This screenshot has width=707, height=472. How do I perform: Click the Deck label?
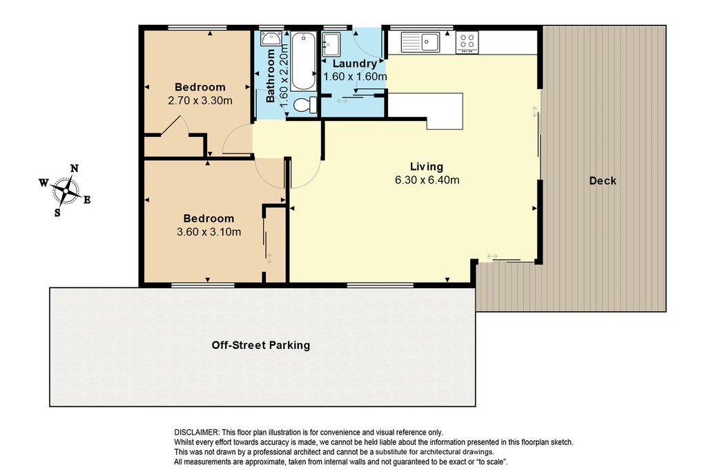click(x=602, y=181)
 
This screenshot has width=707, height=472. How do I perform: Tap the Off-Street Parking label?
click(x=260, y=346)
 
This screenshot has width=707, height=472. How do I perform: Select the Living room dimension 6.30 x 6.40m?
click(x=427, y=180)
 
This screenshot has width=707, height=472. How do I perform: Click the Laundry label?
click(x=354, y=64)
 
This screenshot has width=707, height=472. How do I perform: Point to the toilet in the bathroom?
click(x=305, y=104)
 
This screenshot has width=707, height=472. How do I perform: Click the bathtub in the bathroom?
click(x=303, y=62)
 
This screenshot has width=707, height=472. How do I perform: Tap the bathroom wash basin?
click(x=271, y=39)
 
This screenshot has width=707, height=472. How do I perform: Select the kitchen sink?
click(x=420, y=42)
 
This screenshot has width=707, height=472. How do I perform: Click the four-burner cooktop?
click(x=467, y=42)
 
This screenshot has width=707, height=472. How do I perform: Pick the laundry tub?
click(x=331, y=44)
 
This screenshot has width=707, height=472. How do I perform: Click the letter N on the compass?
click(x=75, y=169)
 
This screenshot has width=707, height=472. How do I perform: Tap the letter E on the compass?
click(x=87, y=200)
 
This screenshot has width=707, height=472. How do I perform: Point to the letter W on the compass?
click(x=43, y=182)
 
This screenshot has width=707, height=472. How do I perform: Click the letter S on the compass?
click(x=57, y=213)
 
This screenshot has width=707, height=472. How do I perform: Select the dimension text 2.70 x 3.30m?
click(x=200, y=100)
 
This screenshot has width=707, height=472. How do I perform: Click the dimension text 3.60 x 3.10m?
click(x=209, y=232)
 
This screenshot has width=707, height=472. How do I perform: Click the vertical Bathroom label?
click(x=270, y=76)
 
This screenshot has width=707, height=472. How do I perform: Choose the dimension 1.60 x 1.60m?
click(x=355, y=77)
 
